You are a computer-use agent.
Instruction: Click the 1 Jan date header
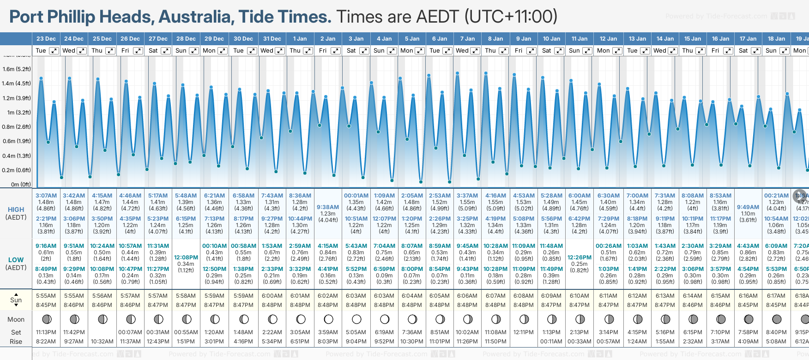[x=300, y=39]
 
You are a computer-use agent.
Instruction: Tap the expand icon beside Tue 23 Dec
[x=54, y=51]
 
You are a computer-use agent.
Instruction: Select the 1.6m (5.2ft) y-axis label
[x=17, y=69]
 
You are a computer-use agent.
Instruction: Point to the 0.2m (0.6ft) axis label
[x=17, y=170]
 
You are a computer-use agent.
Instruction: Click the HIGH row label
[x=16, y=210]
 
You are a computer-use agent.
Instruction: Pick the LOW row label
[x=16, y=260]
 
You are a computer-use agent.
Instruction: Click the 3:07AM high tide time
[x=46, y=196]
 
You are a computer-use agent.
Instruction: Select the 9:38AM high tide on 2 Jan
[x=328, y=207]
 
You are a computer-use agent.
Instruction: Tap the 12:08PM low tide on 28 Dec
[x=186, y=258]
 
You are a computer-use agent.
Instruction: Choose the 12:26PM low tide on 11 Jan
[x=580, y=258]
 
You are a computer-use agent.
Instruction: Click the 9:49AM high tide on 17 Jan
[x=748, y=207]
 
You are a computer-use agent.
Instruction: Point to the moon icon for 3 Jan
[x=356, y=319]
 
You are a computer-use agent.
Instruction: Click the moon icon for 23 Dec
[x=46, y=319]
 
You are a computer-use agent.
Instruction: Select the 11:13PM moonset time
[x=46, y=332]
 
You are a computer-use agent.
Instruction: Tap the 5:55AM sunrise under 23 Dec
[x=46, y=296]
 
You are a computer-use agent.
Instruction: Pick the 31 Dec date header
[x=272, y=39]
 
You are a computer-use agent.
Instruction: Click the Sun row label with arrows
[x=16, y=300]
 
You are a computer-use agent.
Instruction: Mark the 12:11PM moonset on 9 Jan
[x=524, y=332]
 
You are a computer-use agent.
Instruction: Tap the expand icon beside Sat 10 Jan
[x=559, y=51]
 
